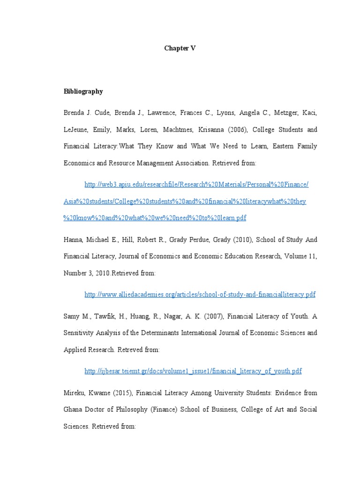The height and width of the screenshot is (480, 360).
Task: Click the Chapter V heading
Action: (180, 48)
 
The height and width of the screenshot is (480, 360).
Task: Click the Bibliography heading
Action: (83, 91)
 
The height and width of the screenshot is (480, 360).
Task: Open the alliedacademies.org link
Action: (200, 295)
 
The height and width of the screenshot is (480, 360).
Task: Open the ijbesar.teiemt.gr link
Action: (193, 371)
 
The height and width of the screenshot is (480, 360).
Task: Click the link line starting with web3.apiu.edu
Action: (196, 185)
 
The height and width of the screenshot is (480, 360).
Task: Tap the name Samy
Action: (72, 316)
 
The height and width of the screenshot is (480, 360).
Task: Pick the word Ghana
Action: (75, 409)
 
